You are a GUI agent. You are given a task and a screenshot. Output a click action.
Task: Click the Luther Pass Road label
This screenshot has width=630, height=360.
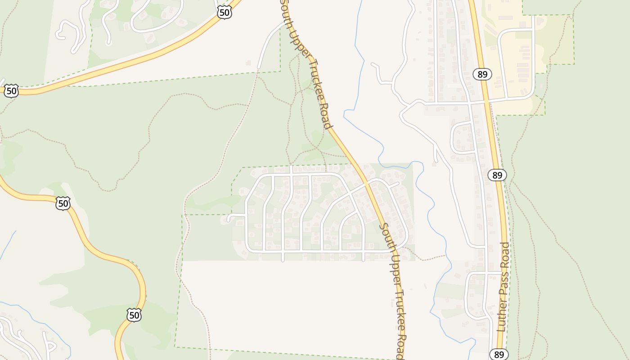[x=504, y=287]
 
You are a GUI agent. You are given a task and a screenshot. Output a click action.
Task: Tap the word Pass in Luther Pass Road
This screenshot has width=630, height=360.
[x=504, y=286]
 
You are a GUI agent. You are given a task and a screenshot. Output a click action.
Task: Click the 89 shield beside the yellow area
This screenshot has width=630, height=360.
[x=482, y=74]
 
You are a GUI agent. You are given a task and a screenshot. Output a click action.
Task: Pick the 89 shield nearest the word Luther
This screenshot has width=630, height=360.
[x=499, y=355]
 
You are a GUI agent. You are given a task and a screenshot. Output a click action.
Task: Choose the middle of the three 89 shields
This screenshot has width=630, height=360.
[x=497, y=175]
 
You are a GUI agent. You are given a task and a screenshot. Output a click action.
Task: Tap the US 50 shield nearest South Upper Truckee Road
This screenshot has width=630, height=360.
[x=224, y=12]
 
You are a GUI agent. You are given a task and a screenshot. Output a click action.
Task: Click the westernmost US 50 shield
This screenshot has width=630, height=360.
[x=11, y=91]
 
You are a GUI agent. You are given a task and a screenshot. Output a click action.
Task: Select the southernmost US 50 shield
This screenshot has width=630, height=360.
[x=134, y=315]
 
